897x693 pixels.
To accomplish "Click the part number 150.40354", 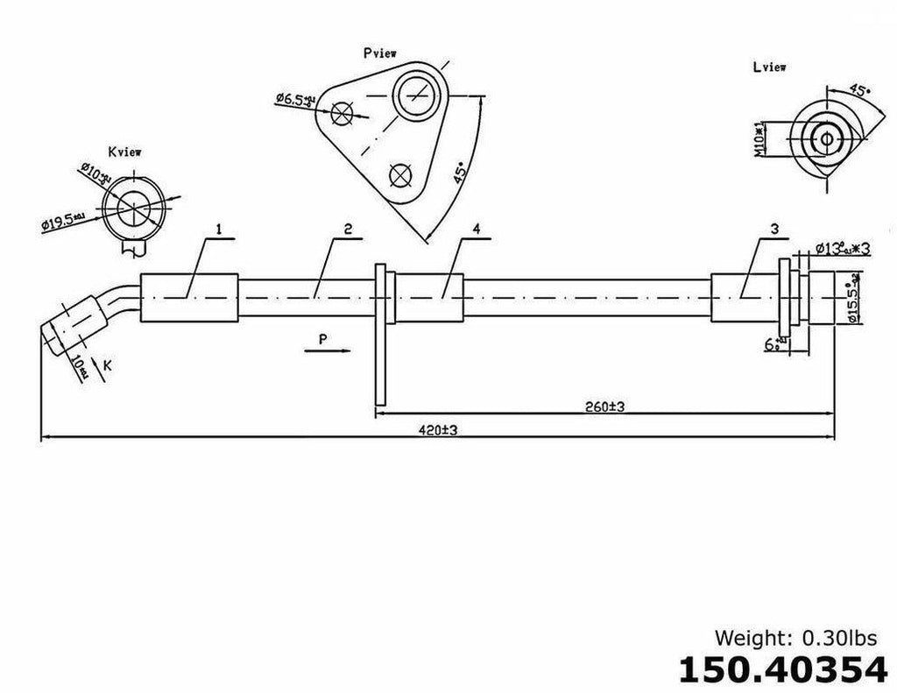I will [x=782, y=669].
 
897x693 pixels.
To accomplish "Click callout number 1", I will [x=219, y=229].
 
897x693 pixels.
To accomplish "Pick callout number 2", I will [x=348, y=229].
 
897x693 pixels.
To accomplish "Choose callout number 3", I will [x=774, y=229].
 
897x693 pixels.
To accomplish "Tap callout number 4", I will [x=476, y=229].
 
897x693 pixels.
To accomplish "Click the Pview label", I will [x=380, y=53].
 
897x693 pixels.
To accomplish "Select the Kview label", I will [x=125, y=152].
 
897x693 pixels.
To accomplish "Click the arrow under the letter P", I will [x=322, y=351].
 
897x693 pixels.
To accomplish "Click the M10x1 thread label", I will [x=761, y=138].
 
